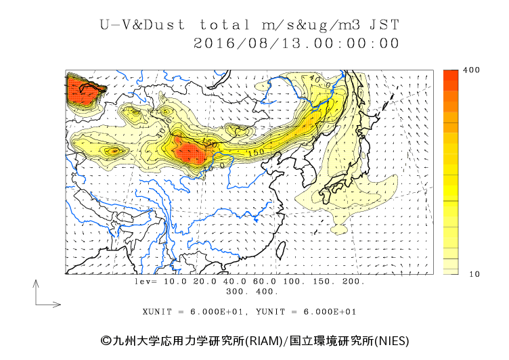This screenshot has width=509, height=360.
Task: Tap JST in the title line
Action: [x=384, y=25]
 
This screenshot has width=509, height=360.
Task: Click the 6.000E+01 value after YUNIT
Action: [x=330, y=312]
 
